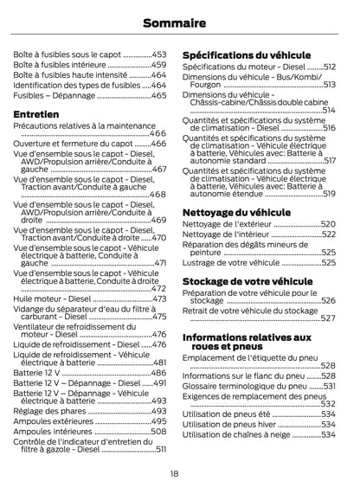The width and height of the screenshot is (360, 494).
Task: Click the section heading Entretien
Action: click(x=36, y=113)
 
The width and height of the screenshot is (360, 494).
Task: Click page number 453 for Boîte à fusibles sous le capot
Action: click(x=159, y=54)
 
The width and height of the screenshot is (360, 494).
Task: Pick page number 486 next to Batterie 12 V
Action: click(x=159, y=372)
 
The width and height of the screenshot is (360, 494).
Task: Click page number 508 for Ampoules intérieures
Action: click(x=159, y=431)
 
